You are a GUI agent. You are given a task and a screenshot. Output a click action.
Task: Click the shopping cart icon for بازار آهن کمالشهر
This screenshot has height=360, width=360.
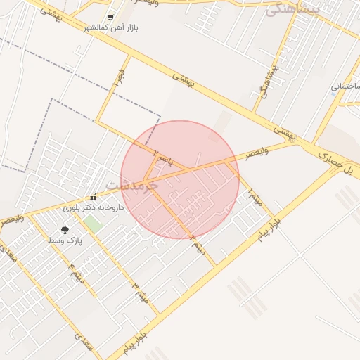[110, 17]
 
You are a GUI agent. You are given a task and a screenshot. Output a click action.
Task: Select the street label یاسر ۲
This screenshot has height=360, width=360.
[162, 156]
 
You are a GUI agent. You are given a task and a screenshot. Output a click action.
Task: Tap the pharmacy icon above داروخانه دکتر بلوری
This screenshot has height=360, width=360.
[94, 198]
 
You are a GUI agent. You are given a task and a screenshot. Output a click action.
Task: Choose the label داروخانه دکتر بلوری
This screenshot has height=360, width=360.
[94, 208]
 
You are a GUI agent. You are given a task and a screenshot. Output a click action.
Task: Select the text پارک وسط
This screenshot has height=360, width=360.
[65, 241]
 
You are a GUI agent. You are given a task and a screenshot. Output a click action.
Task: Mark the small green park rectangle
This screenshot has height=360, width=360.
[91, 224]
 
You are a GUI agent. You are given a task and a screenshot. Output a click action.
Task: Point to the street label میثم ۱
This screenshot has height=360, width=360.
[257, 198]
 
